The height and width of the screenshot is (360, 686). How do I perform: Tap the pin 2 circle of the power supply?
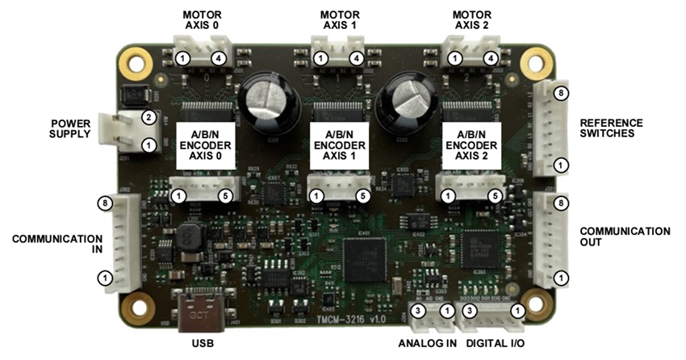148,118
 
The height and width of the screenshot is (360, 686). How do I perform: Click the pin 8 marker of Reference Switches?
563,93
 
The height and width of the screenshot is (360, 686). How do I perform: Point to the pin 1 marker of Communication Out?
563,278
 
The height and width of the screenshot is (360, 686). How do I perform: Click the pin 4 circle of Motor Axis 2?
490,58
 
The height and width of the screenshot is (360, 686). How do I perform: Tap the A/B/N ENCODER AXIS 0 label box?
205,145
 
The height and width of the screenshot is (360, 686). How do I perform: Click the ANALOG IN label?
428,343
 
